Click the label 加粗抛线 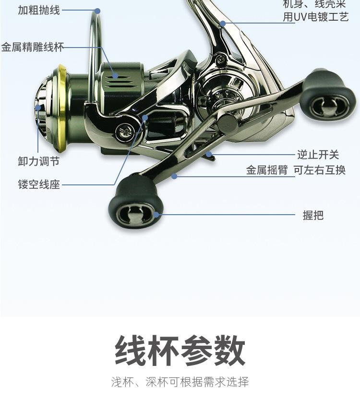click(39, 10)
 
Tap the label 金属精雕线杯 click(33, 48)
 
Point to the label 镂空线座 click(39, 185)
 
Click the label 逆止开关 click(318, 155)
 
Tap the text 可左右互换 click(320, 170)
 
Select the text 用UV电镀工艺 click(315, 18)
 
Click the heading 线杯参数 click(180, 352)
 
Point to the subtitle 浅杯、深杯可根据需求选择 click(180, 382)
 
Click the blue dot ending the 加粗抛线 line click(97, 11)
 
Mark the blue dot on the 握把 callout click(157, 215)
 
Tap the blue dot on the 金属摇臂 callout click(174, 177)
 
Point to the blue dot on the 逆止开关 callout click(210, 155)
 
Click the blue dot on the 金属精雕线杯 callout click(115, 75)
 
